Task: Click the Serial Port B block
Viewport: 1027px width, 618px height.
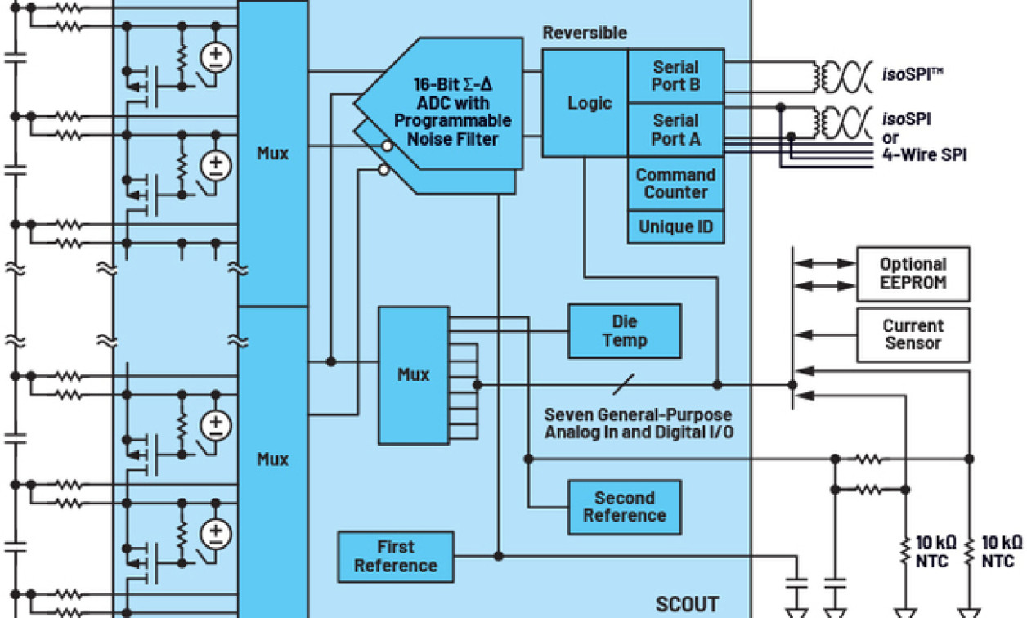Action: click(x=675, y=76)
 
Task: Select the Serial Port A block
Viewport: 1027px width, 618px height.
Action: click(x=675, y=129)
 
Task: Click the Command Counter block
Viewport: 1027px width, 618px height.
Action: click(x=675, y=183)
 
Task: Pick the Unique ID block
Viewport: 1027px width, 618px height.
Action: click(x=675, y=226)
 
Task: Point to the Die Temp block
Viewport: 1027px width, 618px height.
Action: click(x=625, y=331)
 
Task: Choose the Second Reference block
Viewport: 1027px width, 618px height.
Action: click(x=625, y=507)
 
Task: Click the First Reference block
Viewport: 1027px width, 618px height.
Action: click(x=396, y=557)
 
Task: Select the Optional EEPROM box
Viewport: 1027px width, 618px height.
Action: click(x=913, y=273)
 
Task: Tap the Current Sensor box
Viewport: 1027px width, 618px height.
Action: click(x=913, y=334)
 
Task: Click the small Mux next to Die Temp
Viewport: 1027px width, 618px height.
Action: click(x=413, y=374)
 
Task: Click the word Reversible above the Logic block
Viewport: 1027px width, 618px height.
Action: click(x=585, y=34)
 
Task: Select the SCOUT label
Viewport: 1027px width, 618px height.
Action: click(x=687, y=604)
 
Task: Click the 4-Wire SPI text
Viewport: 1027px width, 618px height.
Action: click(x=924, y=154)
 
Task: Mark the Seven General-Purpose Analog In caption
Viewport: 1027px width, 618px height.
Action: click(x=638, y=423)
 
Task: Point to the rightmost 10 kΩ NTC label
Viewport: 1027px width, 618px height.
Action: click(x=1001, y=551)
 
